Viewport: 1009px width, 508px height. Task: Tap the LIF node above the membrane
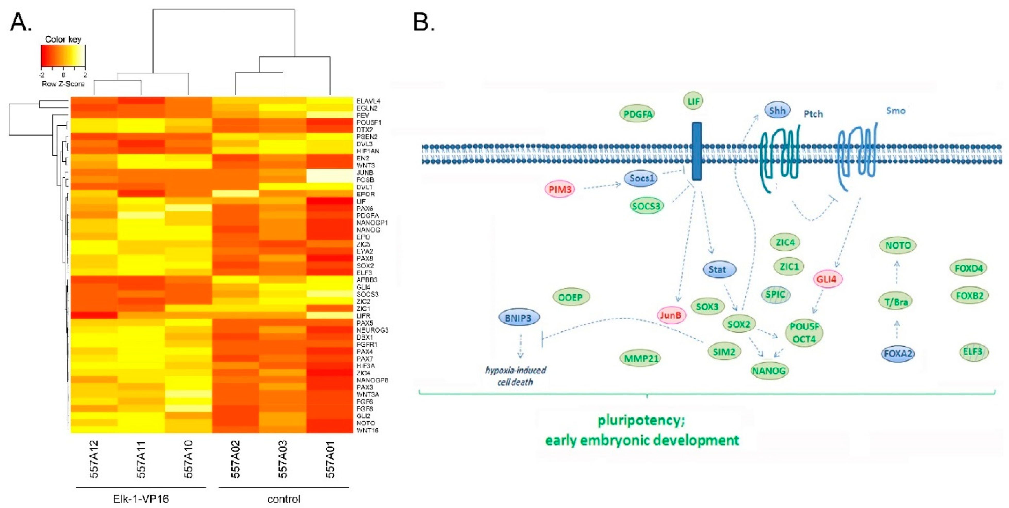pos(693,101)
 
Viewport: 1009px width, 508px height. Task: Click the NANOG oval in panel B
pos(769,371)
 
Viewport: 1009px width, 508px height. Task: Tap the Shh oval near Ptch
pos(777,110)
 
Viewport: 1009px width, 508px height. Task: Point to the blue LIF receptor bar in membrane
pos(697,151)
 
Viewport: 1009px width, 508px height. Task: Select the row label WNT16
pos(367,430)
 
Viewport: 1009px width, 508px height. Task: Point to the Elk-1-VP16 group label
pos(141,499)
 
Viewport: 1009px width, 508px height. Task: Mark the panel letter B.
pos(424,22)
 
